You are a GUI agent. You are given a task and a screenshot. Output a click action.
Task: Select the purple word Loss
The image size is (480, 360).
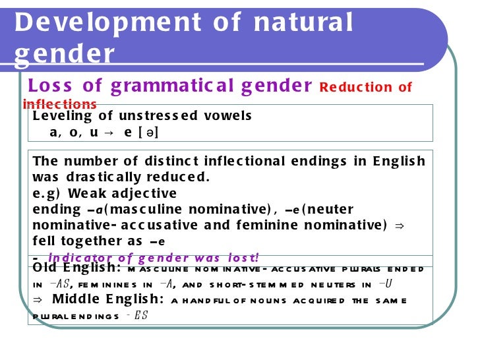pyautogui.click(x=51, y=86)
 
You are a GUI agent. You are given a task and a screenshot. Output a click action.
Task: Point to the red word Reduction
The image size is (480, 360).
pyautogui.click(x=349, y=88)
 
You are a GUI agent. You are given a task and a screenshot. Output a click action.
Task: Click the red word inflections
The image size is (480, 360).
pyautogui.click(x=59, y=104)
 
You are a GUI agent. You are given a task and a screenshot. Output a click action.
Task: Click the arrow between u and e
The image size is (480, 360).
pyautogui.click(x=109, y=132)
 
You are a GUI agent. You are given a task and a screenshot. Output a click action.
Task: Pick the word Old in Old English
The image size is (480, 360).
pyautogui.click(x=47, y=268)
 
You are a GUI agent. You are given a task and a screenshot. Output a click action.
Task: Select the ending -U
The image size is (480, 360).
pyautogui.click(x=386, y=284)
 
